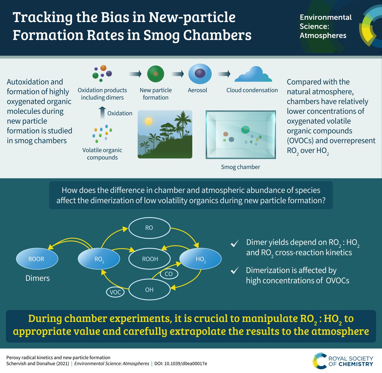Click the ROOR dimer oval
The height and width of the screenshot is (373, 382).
[x=37, y=259]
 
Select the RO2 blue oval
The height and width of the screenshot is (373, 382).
[x=99, y=259]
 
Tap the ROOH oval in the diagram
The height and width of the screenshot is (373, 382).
[x=150, y=259]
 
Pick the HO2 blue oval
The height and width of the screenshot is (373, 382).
[x=200, y=259]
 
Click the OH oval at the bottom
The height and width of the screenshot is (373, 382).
[x=149, y=290]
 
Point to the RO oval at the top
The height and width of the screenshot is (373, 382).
[x=149, y=228]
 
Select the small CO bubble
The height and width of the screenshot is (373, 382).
[x=168, y=274]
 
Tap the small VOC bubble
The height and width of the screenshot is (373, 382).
[x=115, y=292]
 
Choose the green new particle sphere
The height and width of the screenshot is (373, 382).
[x=155, y=74]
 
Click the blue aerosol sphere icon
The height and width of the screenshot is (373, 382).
[x=200, y=74]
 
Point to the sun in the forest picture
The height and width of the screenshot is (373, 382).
[x=148, y=121]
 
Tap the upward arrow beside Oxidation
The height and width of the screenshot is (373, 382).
[x=102, y=113]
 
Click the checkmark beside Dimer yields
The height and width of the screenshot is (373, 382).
[x=235, y=244]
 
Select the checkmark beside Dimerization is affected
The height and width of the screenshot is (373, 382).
[x=235, y=271]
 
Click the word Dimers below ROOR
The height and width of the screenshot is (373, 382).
[x=38, y=278]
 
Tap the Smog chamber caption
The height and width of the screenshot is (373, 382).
[x=240, y=167]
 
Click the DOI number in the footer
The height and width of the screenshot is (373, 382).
[x=186, y=363]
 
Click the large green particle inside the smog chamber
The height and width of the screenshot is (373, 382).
[x=245, y=129]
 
